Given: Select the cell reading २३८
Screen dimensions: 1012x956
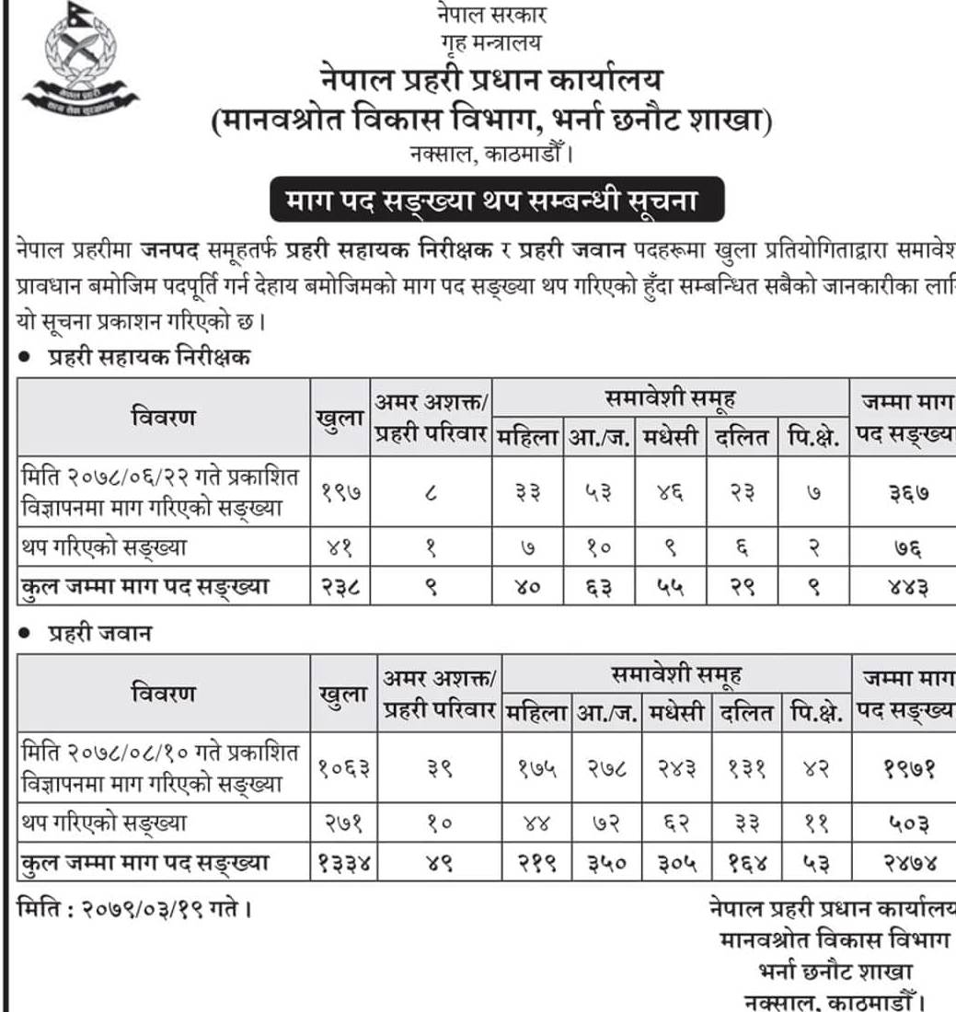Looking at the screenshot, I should pos(340,585).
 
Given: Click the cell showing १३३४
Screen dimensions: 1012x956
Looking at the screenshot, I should pos(345,864).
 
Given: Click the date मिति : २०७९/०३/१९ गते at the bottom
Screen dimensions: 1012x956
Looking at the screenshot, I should pos(133,909).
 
